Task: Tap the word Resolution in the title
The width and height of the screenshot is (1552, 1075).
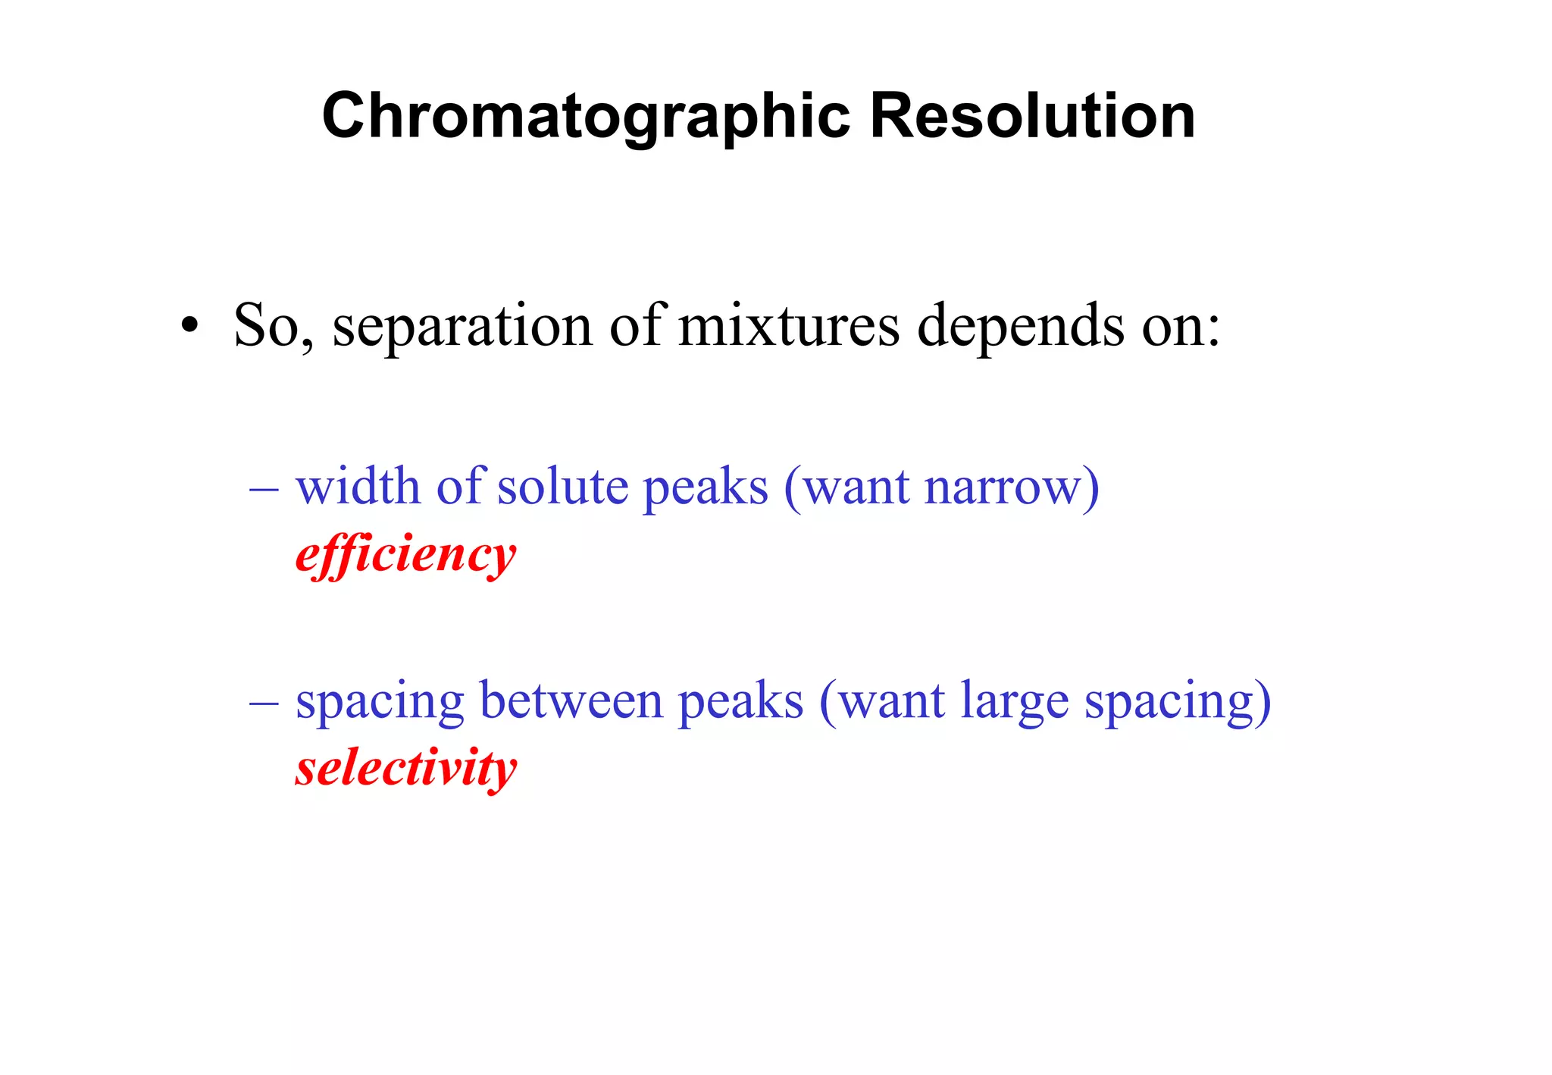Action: (1032, 116)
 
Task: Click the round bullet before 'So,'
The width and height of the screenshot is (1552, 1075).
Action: (189, 327)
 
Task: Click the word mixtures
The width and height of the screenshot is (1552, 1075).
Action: (788, 326)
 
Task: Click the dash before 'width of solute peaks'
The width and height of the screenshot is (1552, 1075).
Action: (264, 487)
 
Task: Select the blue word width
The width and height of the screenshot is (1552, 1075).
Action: (358, 486)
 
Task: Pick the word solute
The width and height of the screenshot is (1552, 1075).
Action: (562, 486)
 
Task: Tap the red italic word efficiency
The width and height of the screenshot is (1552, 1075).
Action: (405, 556)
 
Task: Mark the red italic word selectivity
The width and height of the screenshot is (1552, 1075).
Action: (406, 769)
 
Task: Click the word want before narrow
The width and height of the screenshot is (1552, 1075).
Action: (856, 487)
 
